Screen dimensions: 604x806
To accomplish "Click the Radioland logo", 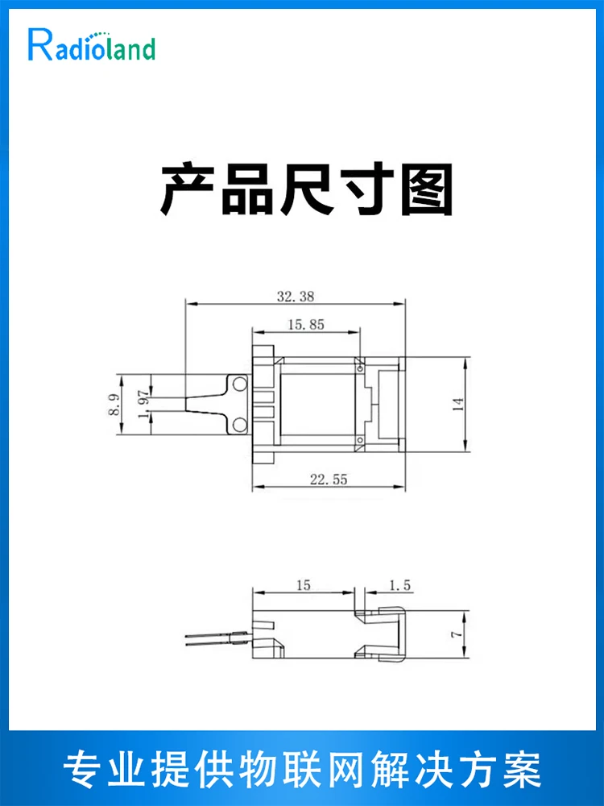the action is coord(92,45).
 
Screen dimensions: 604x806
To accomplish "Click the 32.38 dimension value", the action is coord(296,297).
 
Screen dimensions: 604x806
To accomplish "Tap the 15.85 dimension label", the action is coord(306,324).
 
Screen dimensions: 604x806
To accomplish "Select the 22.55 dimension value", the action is coord(329,479).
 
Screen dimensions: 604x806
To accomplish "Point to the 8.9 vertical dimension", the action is coord(114,405).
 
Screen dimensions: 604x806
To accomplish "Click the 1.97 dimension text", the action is coord(144,405).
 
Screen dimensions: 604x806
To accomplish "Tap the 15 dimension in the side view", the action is coord(303,585).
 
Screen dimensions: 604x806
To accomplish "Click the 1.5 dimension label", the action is coord(399,585).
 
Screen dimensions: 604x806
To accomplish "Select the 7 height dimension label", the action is coord(457,634).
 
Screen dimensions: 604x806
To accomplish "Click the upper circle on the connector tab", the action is coord(239,384).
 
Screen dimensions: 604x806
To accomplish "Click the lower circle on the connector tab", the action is coord(239,425).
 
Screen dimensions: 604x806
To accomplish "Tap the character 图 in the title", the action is coord(427,189).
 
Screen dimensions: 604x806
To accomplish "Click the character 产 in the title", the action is coord(187,189).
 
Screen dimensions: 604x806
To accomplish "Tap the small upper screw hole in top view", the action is coord(359,368).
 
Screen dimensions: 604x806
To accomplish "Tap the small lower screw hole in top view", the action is coord(359,440).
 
